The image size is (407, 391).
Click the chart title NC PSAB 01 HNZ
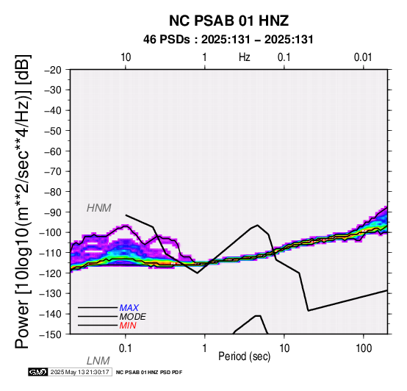pyautogui.click(x=228, y=21)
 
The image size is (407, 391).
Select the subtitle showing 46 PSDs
pyautogui.click(x=228, y=40)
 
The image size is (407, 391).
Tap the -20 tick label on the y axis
pyautogui.click(x=53, y=70)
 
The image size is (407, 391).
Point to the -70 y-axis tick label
pyautogui.click(x=53, y=172)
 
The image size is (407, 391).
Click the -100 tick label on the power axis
pyautogui.click(x=51, y=233)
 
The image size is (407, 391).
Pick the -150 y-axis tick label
pyautogui.click(x=51, y=334)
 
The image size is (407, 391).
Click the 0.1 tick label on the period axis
pyautogui.click(x=126, y=348)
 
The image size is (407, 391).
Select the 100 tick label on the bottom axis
pyautogui.click(x=364, y=348)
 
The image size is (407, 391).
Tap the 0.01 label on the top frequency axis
pyautogui.click(x=363, y=57)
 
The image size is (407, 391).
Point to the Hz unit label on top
pyautogui.click(x=245, y=57)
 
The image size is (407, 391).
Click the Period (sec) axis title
pyautogui.click(x=244, y=356)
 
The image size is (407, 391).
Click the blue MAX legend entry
pyautogui.click(x=129, y=308)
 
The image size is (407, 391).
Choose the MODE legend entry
pyautogui.click(x=132, y=317)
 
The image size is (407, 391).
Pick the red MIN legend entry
pyautogui.click(x=128, y=326)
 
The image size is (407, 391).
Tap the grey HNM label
pyautogui.click(x=99, y=208)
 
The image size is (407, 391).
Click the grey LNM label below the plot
pyautogui.click(x=98, y=361)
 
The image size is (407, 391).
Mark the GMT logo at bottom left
pyautogui.click(x=38, y=372)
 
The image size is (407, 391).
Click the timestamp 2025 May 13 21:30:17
pyautogui.click(x=79, y=372)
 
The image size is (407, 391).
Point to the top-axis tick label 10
pyautogui.click(x=126, y=57)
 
